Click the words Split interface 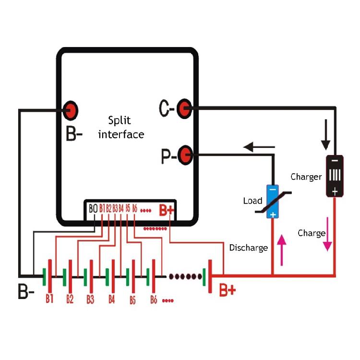coord(121,127)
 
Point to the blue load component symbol coord(272,202)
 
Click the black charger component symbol coord(335,176)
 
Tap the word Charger coord(306,177)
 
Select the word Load coord(252,201)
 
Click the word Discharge coord(248,248)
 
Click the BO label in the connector coord(93,209)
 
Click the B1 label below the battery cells coord(49,299)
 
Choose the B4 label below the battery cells coord(111,300)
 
